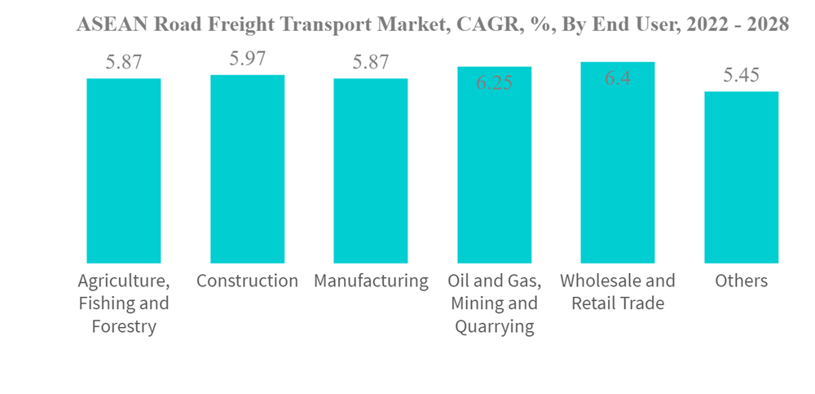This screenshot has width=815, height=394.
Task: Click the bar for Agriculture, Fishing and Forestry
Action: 124,170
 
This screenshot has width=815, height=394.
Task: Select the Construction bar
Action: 247,169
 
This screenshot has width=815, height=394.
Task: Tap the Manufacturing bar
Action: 371,170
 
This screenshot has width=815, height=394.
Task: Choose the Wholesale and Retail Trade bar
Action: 617,162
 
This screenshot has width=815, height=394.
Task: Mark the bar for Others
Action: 741,177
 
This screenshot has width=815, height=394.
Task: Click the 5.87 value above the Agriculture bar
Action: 124,63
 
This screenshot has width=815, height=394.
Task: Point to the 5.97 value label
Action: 247,59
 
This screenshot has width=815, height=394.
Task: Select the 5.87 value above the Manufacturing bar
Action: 371,63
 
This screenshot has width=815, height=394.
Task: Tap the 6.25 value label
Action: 494,82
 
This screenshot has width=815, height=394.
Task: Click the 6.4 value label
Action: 617,79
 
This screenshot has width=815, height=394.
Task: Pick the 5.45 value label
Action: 741,76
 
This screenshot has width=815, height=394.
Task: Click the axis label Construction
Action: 247,281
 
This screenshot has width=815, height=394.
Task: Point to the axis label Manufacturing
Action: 371,281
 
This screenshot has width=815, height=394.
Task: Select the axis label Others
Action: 741,281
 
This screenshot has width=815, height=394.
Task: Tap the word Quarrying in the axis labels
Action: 494,327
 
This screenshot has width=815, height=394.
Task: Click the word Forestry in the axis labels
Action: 124,327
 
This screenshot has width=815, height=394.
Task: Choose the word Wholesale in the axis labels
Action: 599,281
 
